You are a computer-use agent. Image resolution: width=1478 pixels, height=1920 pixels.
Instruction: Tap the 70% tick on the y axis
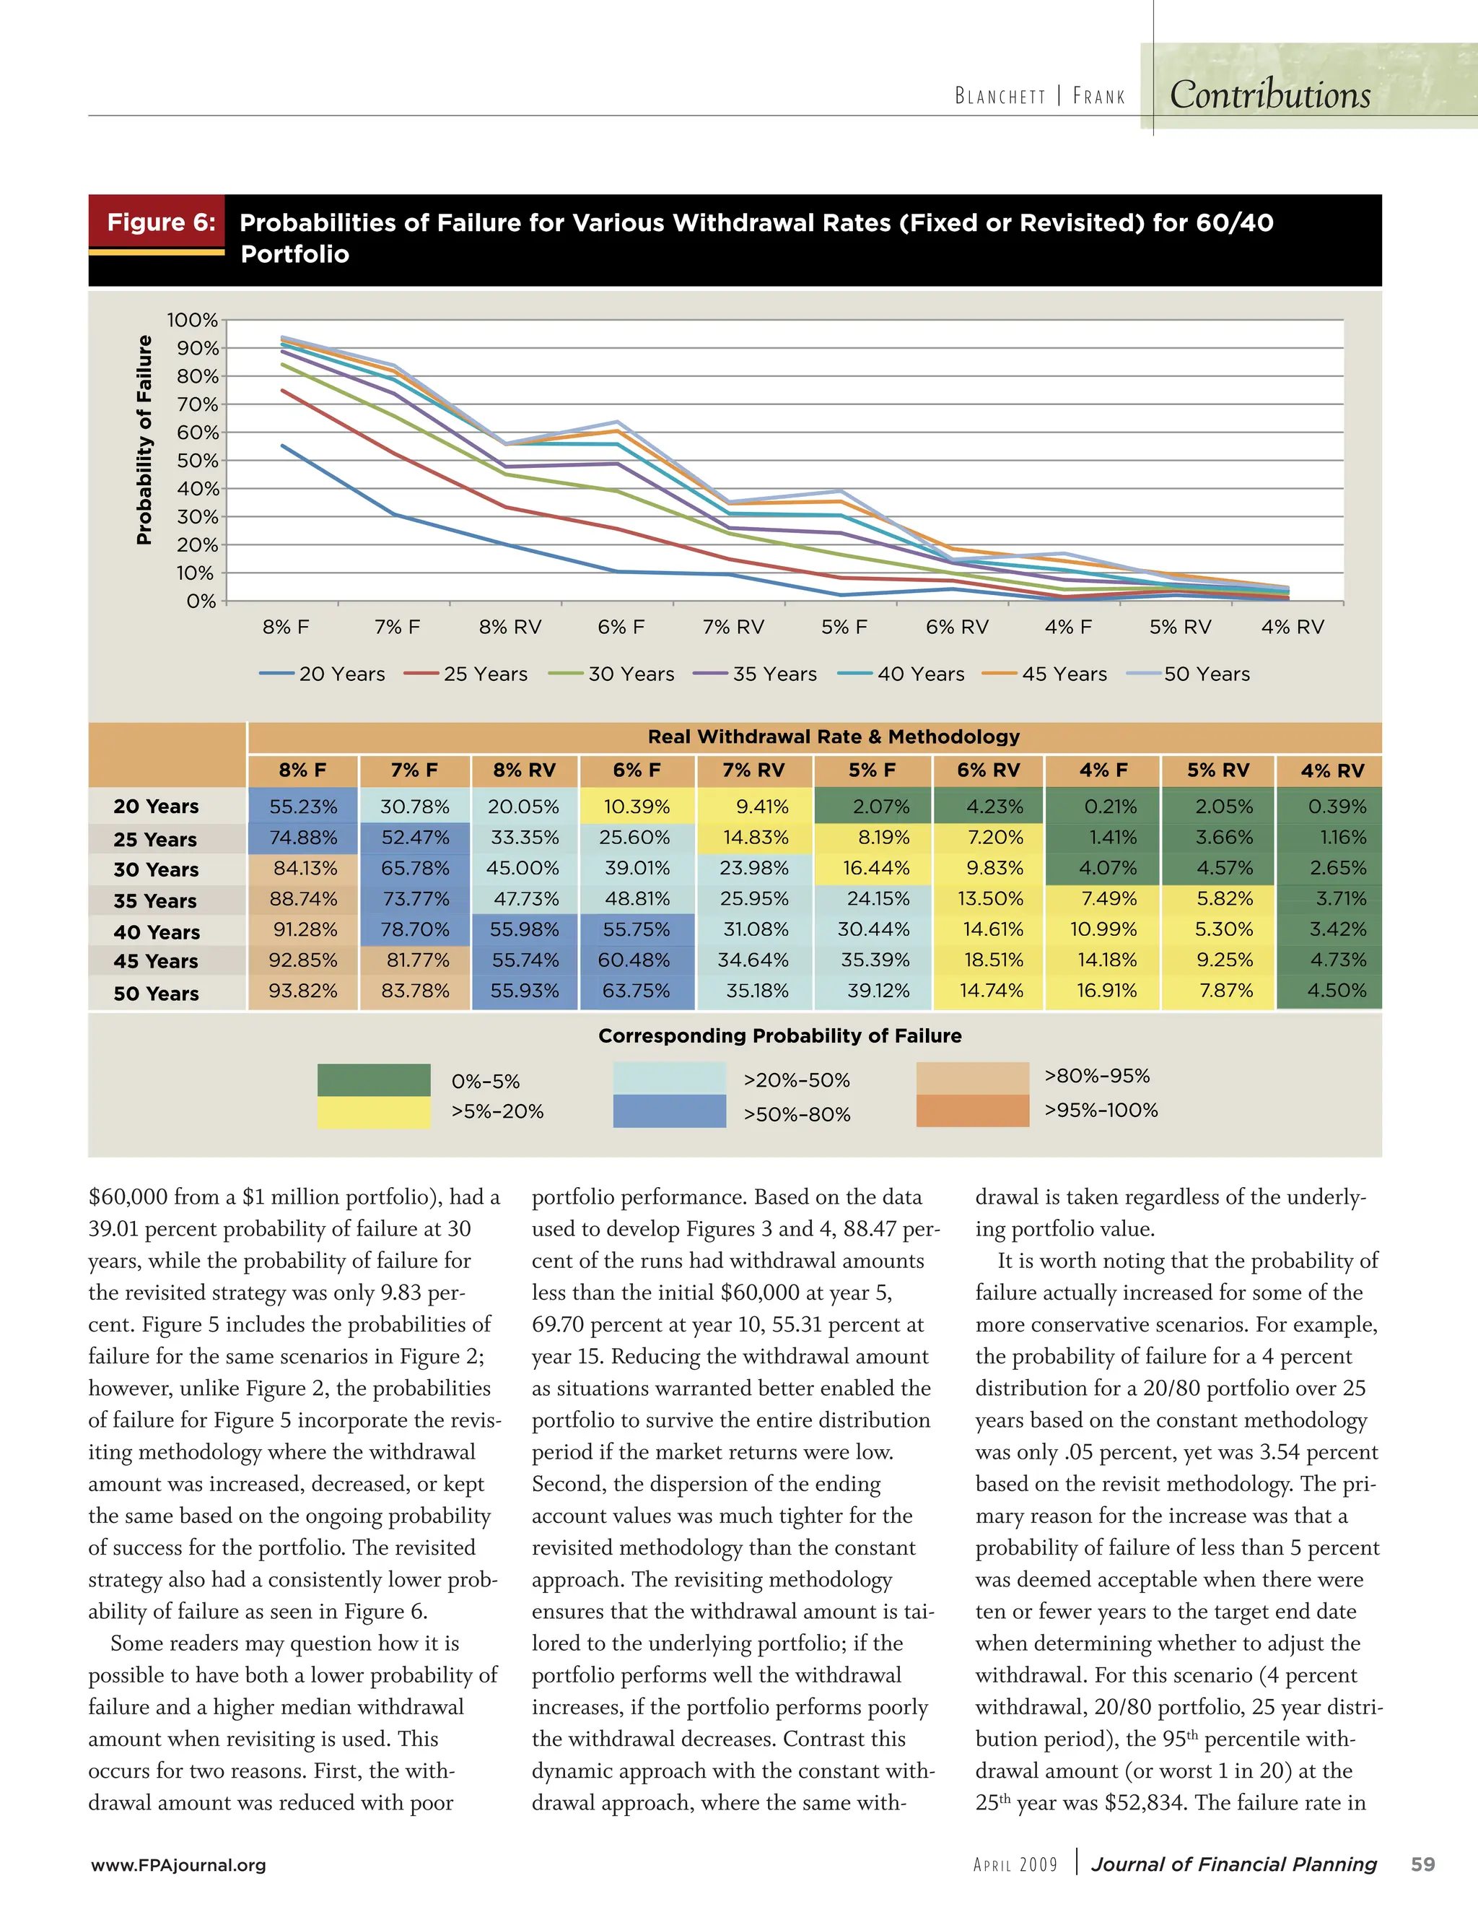(197, 404)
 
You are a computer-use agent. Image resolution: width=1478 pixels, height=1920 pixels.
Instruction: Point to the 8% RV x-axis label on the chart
(510, 627)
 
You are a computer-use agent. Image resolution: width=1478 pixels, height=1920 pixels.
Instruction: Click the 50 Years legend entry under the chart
(1206, 674)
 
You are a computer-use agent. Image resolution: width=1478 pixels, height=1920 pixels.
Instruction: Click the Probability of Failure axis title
(144, 440)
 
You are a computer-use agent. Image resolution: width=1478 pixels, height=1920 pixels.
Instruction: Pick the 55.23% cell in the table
(303, 806)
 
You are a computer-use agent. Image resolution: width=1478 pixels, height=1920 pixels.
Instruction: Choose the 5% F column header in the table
(872, 770)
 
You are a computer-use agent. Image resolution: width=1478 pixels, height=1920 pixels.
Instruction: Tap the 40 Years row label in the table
(157, 932)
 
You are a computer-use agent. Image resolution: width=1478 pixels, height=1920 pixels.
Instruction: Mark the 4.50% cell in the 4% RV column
(1337, 991)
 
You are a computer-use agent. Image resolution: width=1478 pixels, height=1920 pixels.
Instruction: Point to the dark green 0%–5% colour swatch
(373, 1080)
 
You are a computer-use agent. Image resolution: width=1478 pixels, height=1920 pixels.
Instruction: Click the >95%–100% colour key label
(1101, 1111)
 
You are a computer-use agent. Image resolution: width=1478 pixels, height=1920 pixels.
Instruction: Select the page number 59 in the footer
(1422, 1864)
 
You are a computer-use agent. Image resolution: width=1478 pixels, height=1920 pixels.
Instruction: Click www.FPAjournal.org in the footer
(178, 1864)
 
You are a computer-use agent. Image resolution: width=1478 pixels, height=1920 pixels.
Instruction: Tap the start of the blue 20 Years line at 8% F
(283, 446)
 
